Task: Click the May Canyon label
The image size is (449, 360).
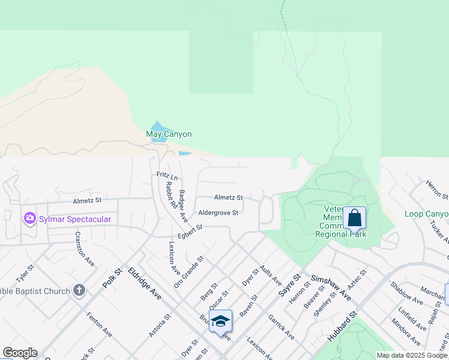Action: point(169,134)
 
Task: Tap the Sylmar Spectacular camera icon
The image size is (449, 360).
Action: point(30,218)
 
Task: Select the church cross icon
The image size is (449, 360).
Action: point(79,291)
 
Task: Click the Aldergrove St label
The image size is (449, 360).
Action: point(218,213)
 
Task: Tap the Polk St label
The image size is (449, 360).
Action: point(112,278)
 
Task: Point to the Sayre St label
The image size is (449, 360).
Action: point(289,283)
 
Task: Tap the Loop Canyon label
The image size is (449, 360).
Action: point(426,214)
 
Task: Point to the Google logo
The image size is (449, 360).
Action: point(19,353)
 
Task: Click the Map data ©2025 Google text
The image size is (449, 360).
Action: point(412,355)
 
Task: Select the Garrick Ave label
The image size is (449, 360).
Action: point(280,327)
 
